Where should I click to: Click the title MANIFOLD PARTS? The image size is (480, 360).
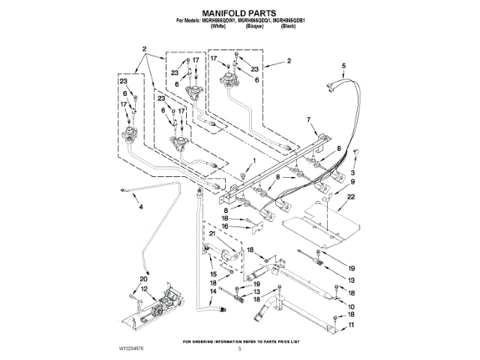pyautogui.click(x=239, y=13)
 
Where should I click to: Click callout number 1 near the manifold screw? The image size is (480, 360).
pyautogui.click(x=254, y=160)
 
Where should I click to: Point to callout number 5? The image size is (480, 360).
pyautogui.click(x=344, y=67)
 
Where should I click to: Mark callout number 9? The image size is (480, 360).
pyautogui.click(x=352, y=181)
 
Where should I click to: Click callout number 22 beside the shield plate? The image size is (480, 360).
pyautogui.click(x=351, y=196)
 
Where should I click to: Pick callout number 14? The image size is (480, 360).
pyautogui.click(x=213, y=290)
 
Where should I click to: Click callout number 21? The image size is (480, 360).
pyautogui.click(x=212, y=235)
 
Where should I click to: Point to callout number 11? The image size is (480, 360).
pyautogui.click(x=352, y=325)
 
